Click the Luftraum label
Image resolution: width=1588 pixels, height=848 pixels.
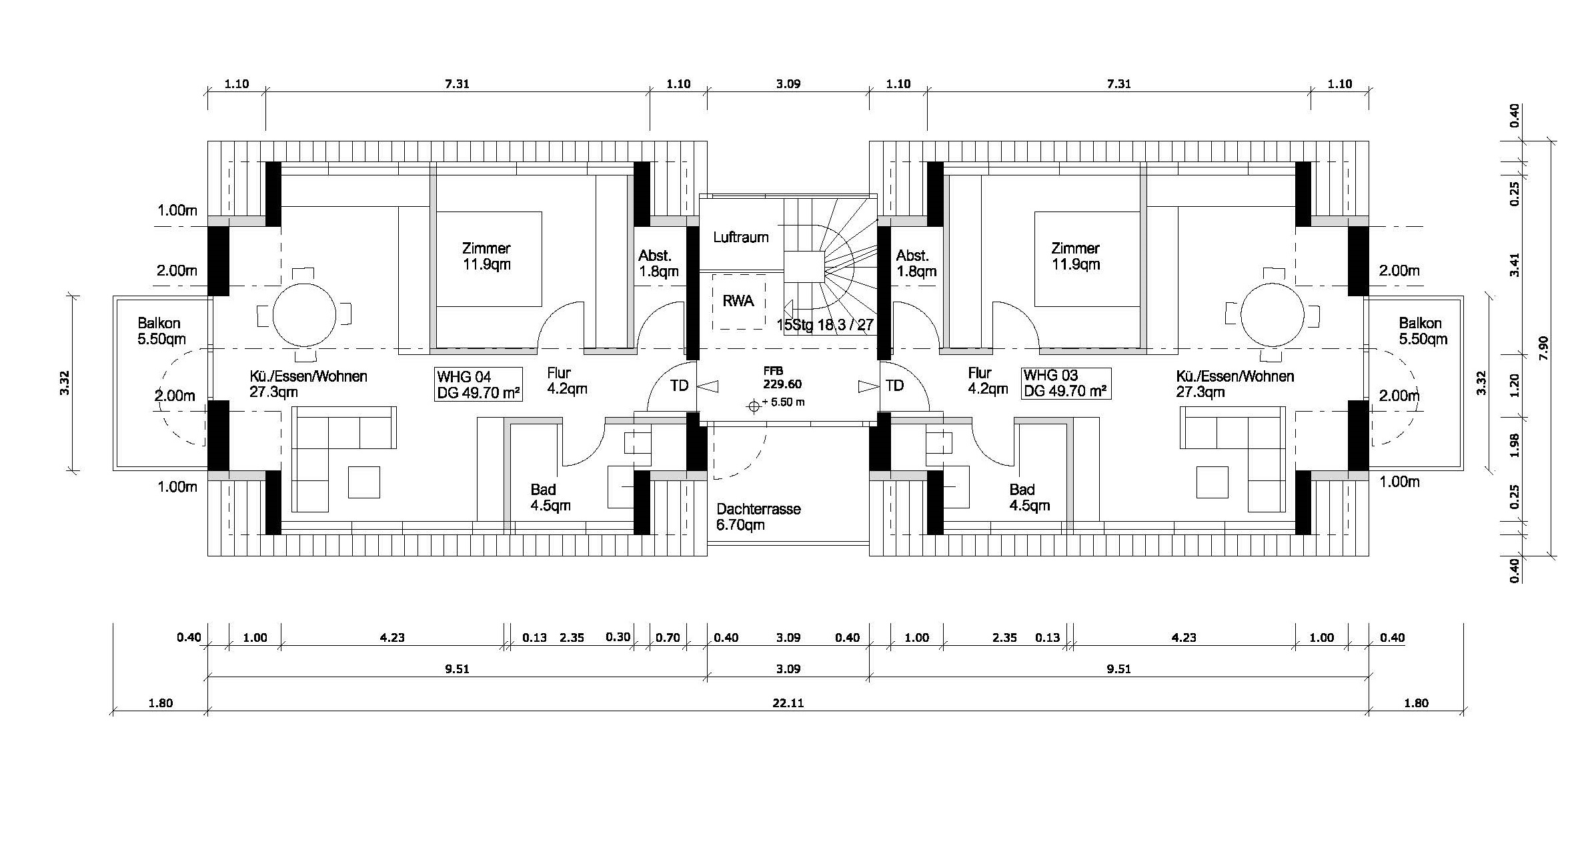pos(740,238)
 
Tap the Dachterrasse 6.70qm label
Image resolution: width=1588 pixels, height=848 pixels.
pos(758,517)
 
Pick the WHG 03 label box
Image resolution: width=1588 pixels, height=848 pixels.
pos(1065,383)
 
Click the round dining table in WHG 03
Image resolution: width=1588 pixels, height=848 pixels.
pos(1272,314)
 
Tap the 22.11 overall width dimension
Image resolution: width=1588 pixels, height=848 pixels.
pos(788,703)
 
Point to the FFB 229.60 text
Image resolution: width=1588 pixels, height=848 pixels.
pos(783,378)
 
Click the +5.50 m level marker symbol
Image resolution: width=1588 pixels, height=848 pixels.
pos(754,406)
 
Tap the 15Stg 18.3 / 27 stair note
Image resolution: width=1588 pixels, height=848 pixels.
pos(825,326)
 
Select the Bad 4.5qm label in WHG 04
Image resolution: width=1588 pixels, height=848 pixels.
pos(550,498)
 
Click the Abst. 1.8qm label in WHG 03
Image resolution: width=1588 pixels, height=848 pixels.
pos(916,264)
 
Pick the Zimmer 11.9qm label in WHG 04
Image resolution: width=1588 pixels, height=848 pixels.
pos(486,256)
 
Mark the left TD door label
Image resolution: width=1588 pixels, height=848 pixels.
pos(679,386)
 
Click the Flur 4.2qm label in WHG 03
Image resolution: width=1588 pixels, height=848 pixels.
pos(987,381)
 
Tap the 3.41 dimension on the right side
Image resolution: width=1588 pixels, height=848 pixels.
pos(1515,264)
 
